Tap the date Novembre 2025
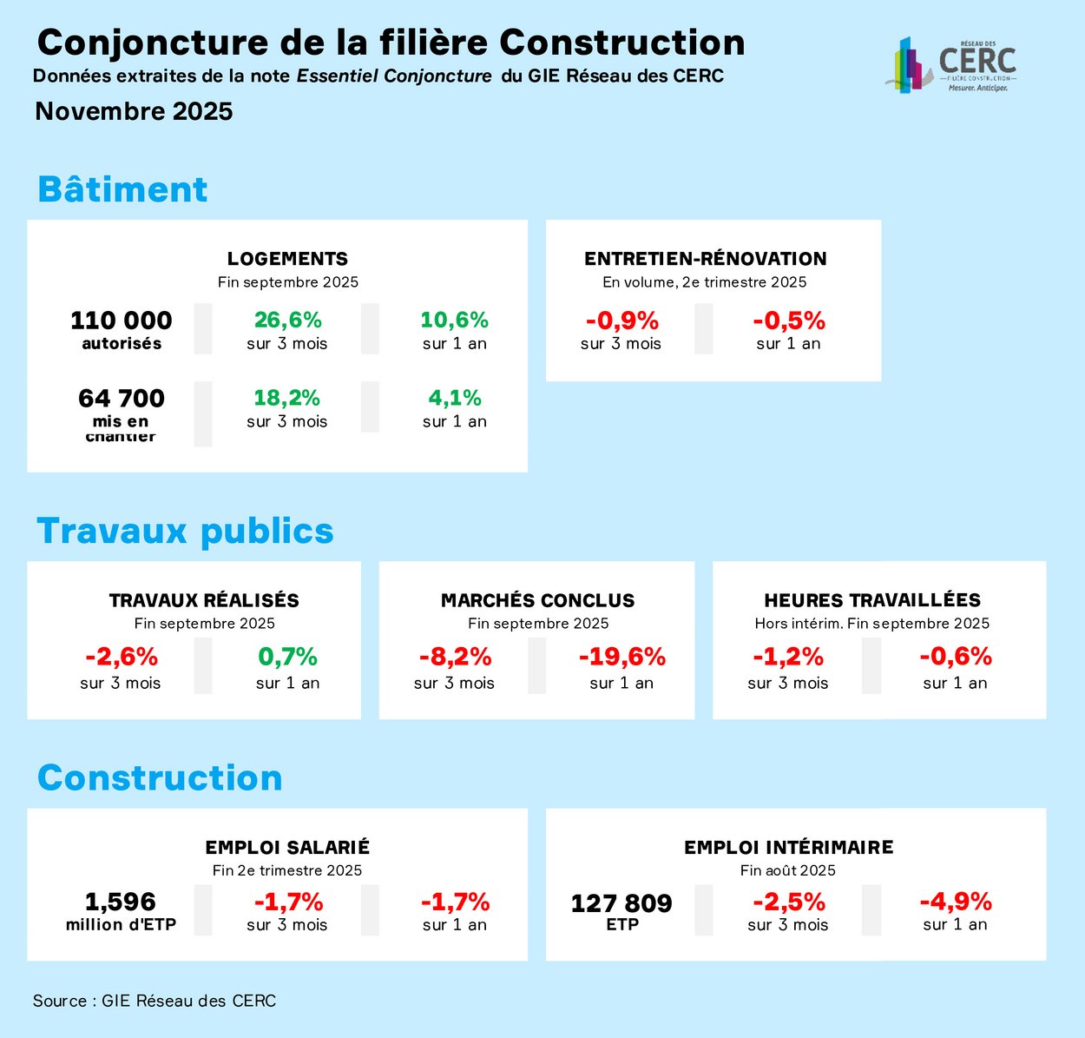pyautogui.click(x=134, y=111)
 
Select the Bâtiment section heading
pyautogui.click(x=122, y=189)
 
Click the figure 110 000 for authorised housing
pyautogui.click(x=122, y=321)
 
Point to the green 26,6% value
pyautogui.click(x=287, y=321)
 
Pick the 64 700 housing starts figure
pyautogui.click(x=122, y=399)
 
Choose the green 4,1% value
pyautogui.click(x=455, y=398)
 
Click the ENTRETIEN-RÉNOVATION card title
pyautogui.click(x=705, y=259)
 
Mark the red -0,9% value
pyautogui.click(x=621, y=321)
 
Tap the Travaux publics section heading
pyautogui.click(x=185, y=531)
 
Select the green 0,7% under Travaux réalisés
pyautogui.click(x=287, y=657)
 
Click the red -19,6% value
pyautogui.click(x=621, y=657)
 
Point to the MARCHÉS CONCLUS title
pyautogui.click(x=537, y=600)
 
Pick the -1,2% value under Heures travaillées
pyautogui.click(x=788, y=657)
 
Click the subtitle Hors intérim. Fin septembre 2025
pyautogui.click(x=871, y=624)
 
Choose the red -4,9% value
pyautogui.click(x=955, y=902)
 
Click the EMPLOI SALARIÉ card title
pyautogui.click(x=287, y=847)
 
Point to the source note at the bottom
pyautogui.click(x=155, y=1001)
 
